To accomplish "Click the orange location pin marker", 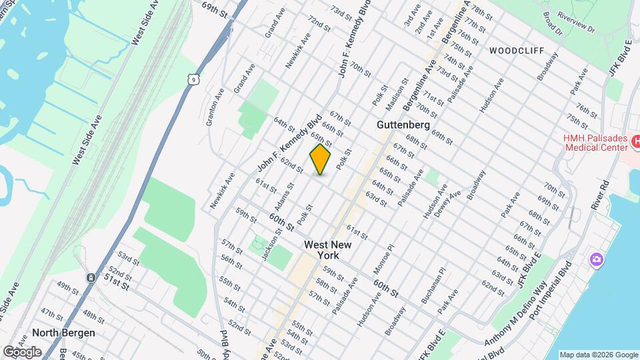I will point(320,159).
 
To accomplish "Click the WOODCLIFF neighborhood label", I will point(517,51).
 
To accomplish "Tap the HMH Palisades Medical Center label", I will point(596,142).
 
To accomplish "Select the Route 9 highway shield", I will point(192,80).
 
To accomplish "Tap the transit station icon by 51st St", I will point(90,277).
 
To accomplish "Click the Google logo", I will point(22,351).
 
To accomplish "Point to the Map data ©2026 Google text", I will point(597,355).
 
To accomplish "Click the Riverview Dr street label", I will point(576,26).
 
